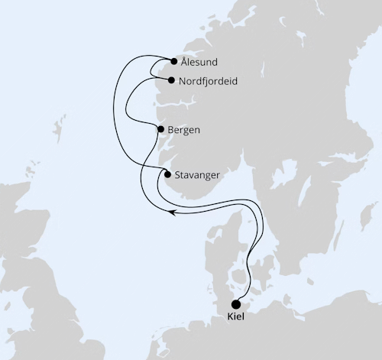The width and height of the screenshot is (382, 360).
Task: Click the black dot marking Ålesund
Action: [x=174, y=61]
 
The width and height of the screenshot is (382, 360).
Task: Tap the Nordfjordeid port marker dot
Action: [x=171, y=80]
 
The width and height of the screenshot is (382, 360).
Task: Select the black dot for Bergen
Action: [x=160, y=130]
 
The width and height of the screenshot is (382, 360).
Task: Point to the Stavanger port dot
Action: [x=168, y=174]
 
